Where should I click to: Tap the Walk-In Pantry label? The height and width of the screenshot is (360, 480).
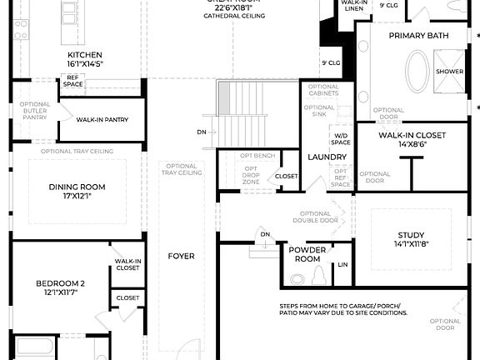point(102,120)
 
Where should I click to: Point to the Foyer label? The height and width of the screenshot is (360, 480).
point(181,256)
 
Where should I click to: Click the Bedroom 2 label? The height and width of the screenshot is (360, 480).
point(65,283)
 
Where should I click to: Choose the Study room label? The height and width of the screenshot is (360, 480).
point(409,235)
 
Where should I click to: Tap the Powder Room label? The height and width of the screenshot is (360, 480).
point(307,254)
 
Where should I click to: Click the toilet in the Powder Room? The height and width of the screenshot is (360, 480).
point(297,278)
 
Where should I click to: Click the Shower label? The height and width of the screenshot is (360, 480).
point(450,72)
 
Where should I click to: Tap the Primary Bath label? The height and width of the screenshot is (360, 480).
point(419,36)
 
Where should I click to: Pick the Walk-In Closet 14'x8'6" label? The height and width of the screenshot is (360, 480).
point(412,135)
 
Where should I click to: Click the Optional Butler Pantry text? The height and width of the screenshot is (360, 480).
point(35,111)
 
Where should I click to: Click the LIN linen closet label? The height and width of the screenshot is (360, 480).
point(342,266)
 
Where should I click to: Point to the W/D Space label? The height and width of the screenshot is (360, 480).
point(342,139)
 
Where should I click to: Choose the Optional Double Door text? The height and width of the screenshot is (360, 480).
point(315,217)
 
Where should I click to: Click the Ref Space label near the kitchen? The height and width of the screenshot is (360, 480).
point(73,82)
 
